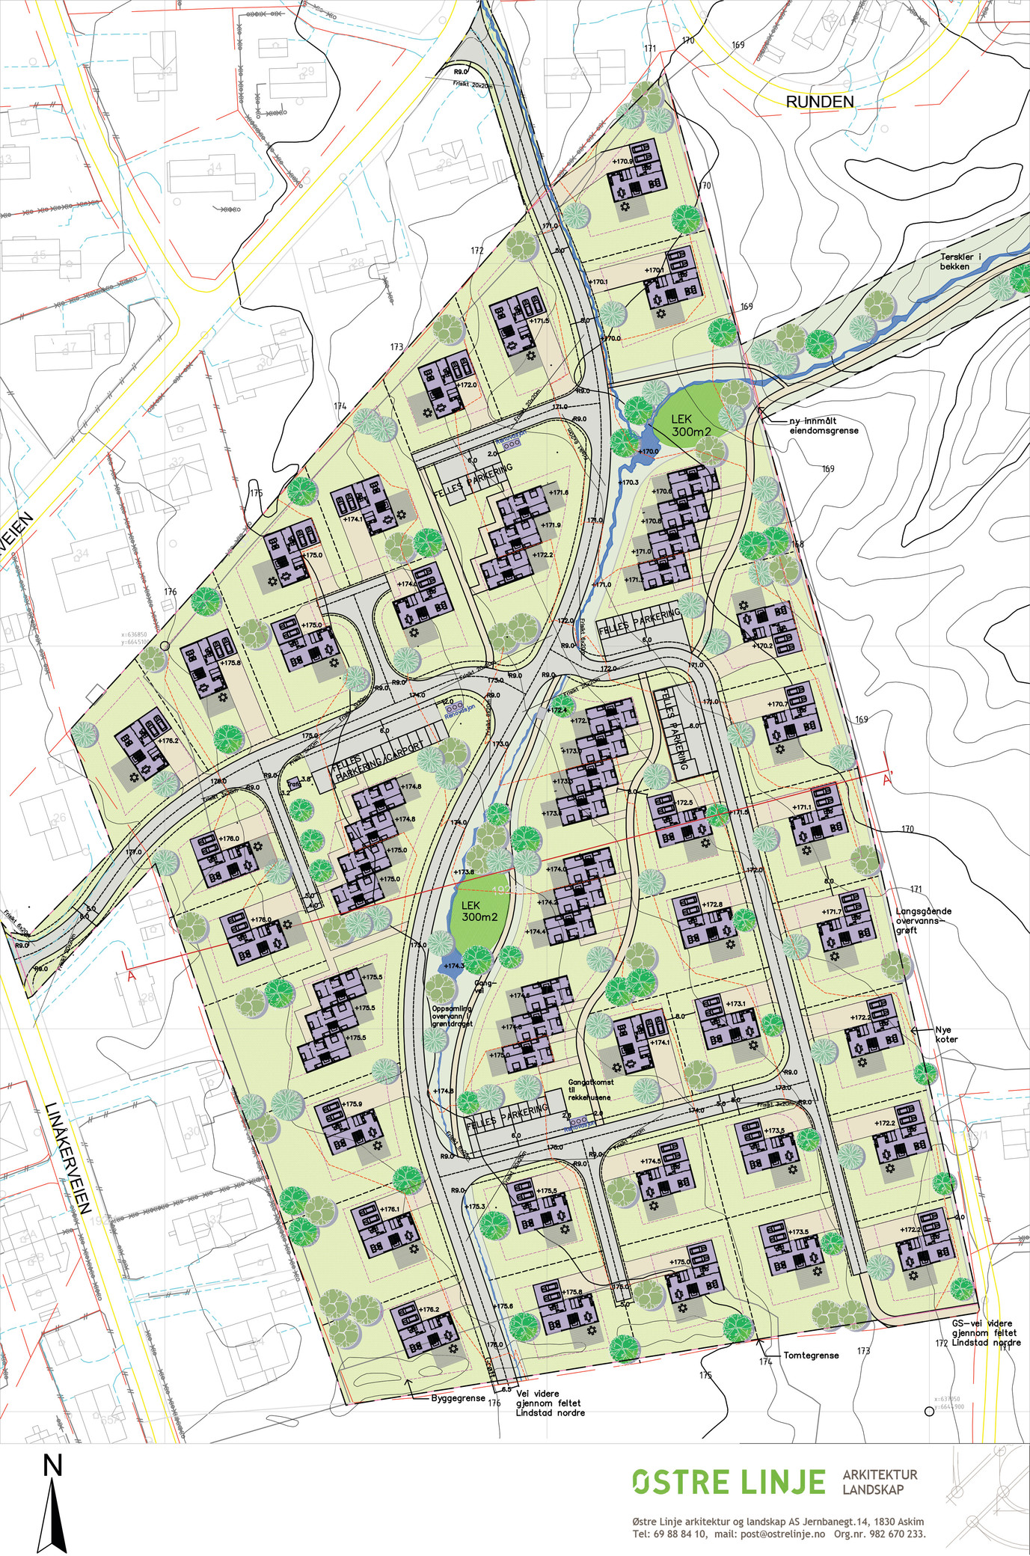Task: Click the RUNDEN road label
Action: pos(819,102)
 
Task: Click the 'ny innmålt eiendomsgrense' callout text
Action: pos(824,426)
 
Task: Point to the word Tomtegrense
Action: pos(811,1355)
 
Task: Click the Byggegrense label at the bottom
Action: pos(458,1397)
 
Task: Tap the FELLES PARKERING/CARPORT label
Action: pos(378,760)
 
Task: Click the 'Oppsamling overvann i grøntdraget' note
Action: pos(453,1015)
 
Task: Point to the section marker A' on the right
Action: pos(889,779)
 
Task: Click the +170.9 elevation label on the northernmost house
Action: pos(622,161)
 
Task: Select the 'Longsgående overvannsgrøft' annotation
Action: pos(923,920)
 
